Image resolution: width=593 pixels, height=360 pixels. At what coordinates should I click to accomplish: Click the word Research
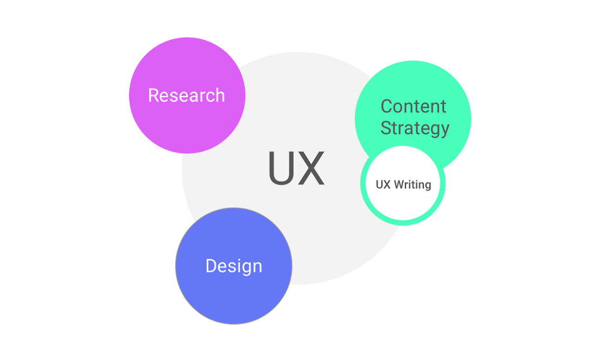pos(186,95)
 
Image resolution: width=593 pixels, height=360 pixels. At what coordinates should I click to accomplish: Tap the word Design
pos(234,267)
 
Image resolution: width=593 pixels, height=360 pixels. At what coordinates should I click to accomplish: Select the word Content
pos(414,107)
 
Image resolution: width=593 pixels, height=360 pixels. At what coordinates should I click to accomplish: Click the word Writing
pos(412,185)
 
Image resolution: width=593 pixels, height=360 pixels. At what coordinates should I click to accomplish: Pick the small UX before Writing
pos(383,185)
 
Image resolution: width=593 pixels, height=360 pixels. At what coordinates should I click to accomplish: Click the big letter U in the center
pos(281,168)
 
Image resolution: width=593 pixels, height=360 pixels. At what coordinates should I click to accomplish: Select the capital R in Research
pos(153,95)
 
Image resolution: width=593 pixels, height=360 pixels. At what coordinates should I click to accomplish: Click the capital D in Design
pos(212,265)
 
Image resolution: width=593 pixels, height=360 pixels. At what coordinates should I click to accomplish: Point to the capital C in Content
pos(387,107)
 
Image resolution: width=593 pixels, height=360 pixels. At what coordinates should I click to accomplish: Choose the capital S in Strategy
pos(386,128)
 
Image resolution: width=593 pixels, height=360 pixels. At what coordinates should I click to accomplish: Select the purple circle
pos(187,95)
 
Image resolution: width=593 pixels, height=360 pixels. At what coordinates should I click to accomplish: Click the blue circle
pos(234,266)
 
